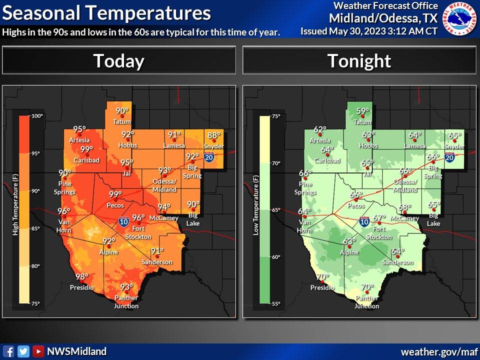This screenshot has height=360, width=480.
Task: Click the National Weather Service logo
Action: (x=460, y=18)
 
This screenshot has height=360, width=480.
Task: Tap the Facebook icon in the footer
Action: (x=8, y=351)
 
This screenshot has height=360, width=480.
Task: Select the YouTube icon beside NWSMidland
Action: (x=38, y=351)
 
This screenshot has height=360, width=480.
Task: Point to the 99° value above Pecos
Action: (x=115, y=194)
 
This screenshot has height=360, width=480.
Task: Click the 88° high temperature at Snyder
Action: (x=213, y=135)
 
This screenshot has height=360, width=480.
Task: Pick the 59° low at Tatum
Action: (x=362, y=111)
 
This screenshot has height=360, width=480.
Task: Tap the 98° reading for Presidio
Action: (x=81, y=276)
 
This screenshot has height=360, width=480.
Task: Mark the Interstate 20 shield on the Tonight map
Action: (x=449, y=157)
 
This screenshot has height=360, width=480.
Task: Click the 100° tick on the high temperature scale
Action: (x=37, y=116)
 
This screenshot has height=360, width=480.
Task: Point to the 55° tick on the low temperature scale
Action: (x=276, y=303)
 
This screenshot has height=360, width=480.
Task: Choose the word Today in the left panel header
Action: (x=119, y=60)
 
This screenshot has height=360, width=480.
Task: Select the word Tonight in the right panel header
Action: (x=359, y=60)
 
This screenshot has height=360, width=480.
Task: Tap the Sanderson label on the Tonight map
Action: (x=398, y=262)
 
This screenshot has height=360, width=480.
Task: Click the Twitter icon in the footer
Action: (x=23, y=351)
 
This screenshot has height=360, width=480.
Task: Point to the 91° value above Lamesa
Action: (x=174, y=135)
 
